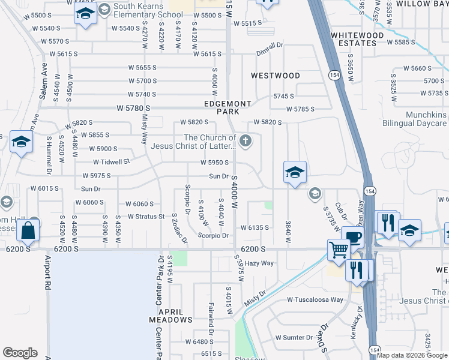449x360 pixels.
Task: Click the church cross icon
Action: pyautogui.click(x=245, y=142)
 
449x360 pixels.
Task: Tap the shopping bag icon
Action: pyautogui.click(x=28, y=229)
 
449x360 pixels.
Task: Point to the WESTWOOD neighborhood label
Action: pyautogui.click(x=276, y=76)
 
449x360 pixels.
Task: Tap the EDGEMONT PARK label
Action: pyautogui.click(x=222, y=107)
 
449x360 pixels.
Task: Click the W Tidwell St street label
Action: pyautogui.click(x=112, y=162)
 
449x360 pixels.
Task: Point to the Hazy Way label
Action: pyautogui.click(x=259, y=263)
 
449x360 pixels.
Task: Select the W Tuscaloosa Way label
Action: pyautogui.click(x=315, y=299)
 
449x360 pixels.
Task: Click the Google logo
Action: pyautogui.click(x=20, y=353)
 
